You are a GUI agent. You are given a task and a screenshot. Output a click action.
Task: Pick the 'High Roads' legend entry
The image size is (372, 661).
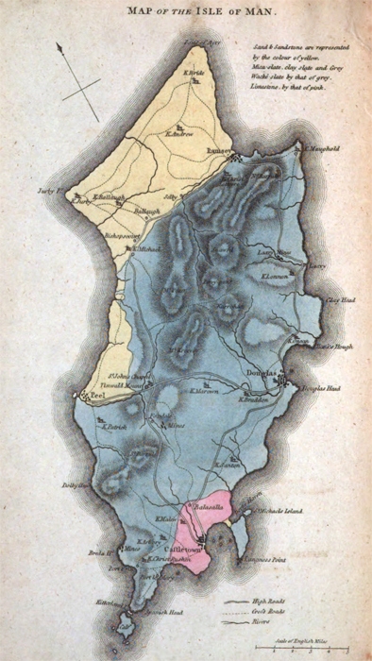click(274, 600)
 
